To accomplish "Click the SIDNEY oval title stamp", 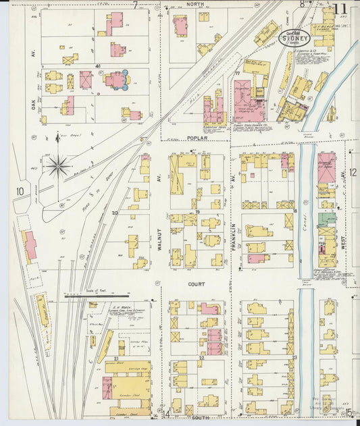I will (x=291, y=38).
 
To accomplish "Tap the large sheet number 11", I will (x=340, y=10).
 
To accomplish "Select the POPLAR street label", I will (x=195, y=138).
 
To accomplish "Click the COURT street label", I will (x=196, y=284).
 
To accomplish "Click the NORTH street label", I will (x=195, y=4).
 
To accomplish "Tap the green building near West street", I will (x=328, y=219).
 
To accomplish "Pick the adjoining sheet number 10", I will (x=20, y=191).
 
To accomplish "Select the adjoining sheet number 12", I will (x=353, y=172).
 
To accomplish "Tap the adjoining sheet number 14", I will (x=166, y=413).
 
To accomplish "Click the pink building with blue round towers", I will (x=114, y=80).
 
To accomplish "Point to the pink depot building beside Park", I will (x=30, y=247).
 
